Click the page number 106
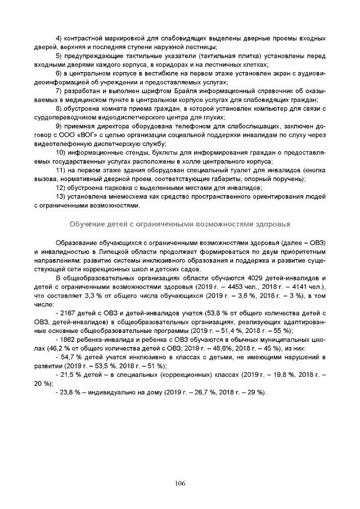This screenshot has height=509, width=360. pos(180,483)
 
